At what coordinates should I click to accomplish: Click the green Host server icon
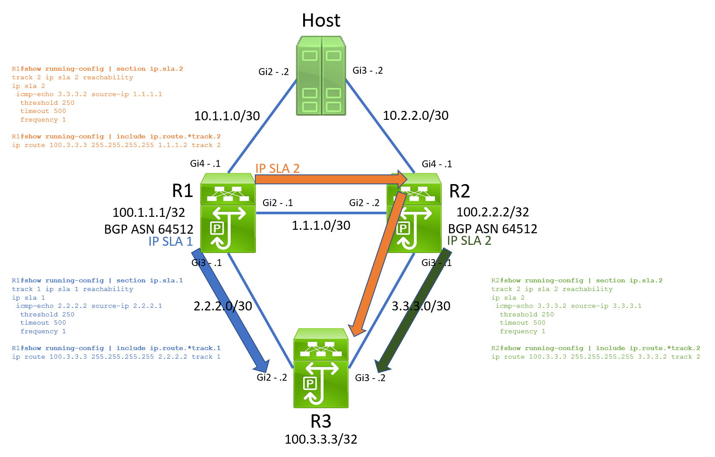coord(321,76)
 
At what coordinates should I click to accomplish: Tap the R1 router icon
coord(228,213)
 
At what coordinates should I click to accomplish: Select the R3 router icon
coord(321,368)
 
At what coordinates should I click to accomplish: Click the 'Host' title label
coord(321,21)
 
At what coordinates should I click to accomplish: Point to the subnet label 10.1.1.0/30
coord(227,116)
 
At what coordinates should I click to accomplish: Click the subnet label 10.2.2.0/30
coord(416,116)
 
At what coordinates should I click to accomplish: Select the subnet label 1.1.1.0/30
coord(321,225)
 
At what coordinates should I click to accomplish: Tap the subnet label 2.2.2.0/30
coord(223,306)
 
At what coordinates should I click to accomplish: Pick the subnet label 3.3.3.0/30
coord(421,306)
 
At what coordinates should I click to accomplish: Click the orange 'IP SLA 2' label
coord(277,169)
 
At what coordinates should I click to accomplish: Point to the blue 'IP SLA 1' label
coord(170,241)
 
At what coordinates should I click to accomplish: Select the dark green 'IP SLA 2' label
coord(469,241)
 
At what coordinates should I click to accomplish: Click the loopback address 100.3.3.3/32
coord(321,439)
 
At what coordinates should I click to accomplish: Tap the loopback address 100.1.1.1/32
coord(149,213)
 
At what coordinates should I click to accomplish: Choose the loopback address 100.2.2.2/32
coord(492,212)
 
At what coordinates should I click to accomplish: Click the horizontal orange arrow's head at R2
coord(402,178)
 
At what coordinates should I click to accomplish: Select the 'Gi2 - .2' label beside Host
coord(273,72)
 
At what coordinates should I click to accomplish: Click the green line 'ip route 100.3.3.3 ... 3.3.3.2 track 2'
coord(596,357)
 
